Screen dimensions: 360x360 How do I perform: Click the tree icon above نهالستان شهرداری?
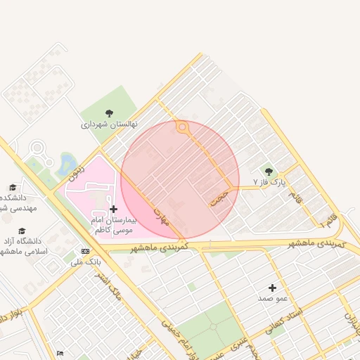click(109, 113)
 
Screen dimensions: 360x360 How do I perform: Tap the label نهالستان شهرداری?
click(109, 124)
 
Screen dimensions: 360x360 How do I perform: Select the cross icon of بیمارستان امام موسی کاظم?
click(113, 209)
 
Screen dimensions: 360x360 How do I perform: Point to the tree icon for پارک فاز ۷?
click(269, 172)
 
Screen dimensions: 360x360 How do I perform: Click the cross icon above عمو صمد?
click(273, 288)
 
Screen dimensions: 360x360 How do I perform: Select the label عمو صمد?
click(273, 298)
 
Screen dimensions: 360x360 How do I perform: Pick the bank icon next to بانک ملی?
click(85, 251)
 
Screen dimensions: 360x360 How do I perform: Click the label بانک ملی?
click(86, 262)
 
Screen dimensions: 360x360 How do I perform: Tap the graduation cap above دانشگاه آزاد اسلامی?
click(22, 231)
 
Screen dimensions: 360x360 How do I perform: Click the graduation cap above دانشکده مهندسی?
click(13, 187)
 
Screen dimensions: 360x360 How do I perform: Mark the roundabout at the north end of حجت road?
click(183, 127)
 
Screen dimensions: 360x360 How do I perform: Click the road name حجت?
click(219, 196)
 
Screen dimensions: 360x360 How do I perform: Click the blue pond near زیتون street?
click(68, 165)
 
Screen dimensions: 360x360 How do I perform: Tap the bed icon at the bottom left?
click(60, 353)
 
